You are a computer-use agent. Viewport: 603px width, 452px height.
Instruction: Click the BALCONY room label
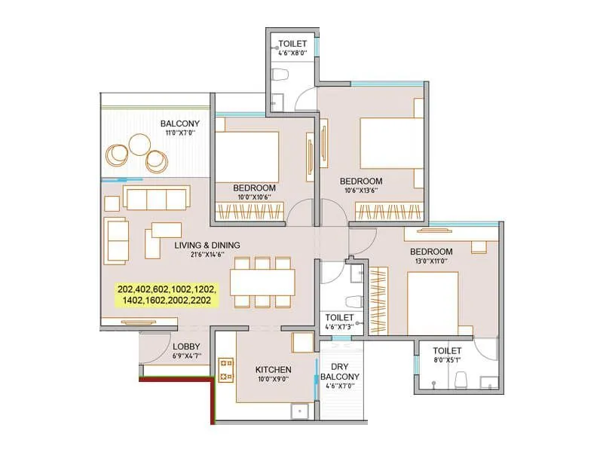[x=179, y=124]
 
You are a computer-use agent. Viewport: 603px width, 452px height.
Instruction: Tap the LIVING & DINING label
[x=207, y=245]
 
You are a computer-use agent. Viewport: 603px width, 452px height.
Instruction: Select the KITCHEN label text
[x=274, y=370]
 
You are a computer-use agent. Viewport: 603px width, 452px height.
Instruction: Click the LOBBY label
[x=185, y=347]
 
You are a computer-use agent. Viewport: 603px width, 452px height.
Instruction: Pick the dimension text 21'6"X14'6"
[x=207, y=255]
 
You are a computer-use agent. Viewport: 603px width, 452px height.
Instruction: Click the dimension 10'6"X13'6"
[x=360, y=191]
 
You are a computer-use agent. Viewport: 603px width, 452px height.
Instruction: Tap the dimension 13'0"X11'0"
[x=431, y=261]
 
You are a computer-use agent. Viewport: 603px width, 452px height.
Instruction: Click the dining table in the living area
[x=262, y=282]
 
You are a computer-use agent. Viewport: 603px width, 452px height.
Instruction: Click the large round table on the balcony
[x=139, y=143]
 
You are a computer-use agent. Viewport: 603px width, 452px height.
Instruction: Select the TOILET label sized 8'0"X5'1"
[x=447, y=350]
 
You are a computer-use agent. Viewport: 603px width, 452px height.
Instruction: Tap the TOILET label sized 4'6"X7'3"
[x=337, y=317]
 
